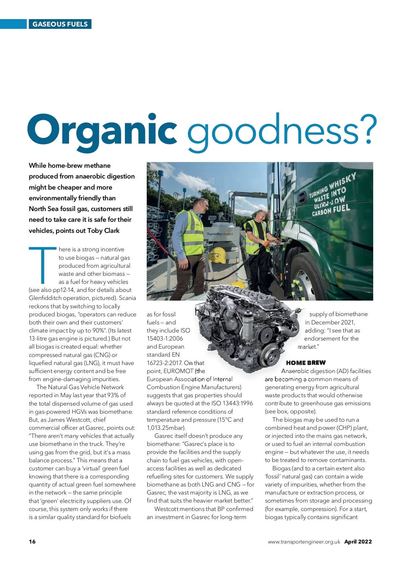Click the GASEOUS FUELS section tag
pos(60,24)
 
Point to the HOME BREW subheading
pos(306,363)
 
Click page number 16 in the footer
pos(32,541)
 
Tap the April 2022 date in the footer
pos(358,541)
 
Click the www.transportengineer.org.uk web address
pos(304,541)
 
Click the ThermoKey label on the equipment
pos(214,234)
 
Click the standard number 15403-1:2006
pos(165,339)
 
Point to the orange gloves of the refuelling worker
pos(266,243)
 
